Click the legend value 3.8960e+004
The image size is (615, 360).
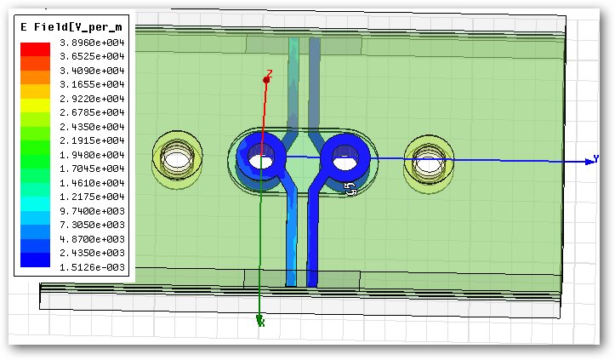(92, 43)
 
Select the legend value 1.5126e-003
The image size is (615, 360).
(92, 267)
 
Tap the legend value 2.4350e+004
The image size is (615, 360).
(92, 127)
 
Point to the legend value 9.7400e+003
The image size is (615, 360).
(92, 211)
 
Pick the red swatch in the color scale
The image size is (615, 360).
(35, 49)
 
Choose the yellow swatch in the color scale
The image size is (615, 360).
(35, 106)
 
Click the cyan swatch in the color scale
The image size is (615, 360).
(35, 203)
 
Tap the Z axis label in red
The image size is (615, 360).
(270, 73)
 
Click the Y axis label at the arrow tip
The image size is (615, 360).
(595, 158)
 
